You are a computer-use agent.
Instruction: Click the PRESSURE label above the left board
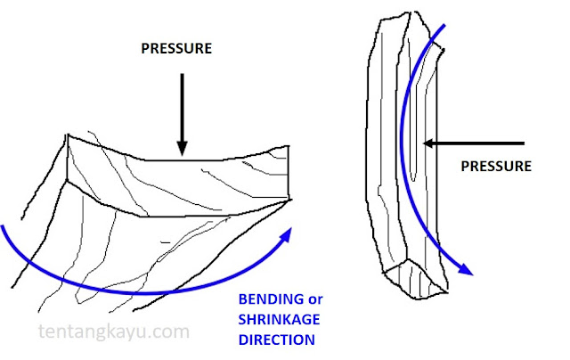pyautogui.click(x=177, y=49)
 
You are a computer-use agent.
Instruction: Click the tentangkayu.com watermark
pyautogui.click(x=115, y=332)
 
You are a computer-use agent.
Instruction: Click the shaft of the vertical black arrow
pyautogui.click(x=181, y=107)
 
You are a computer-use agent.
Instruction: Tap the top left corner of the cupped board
pyautogui.click(x=69, y=135)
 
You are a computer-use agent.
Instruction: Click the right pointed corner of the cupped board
pyautogui.click(x=290, y=199)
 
